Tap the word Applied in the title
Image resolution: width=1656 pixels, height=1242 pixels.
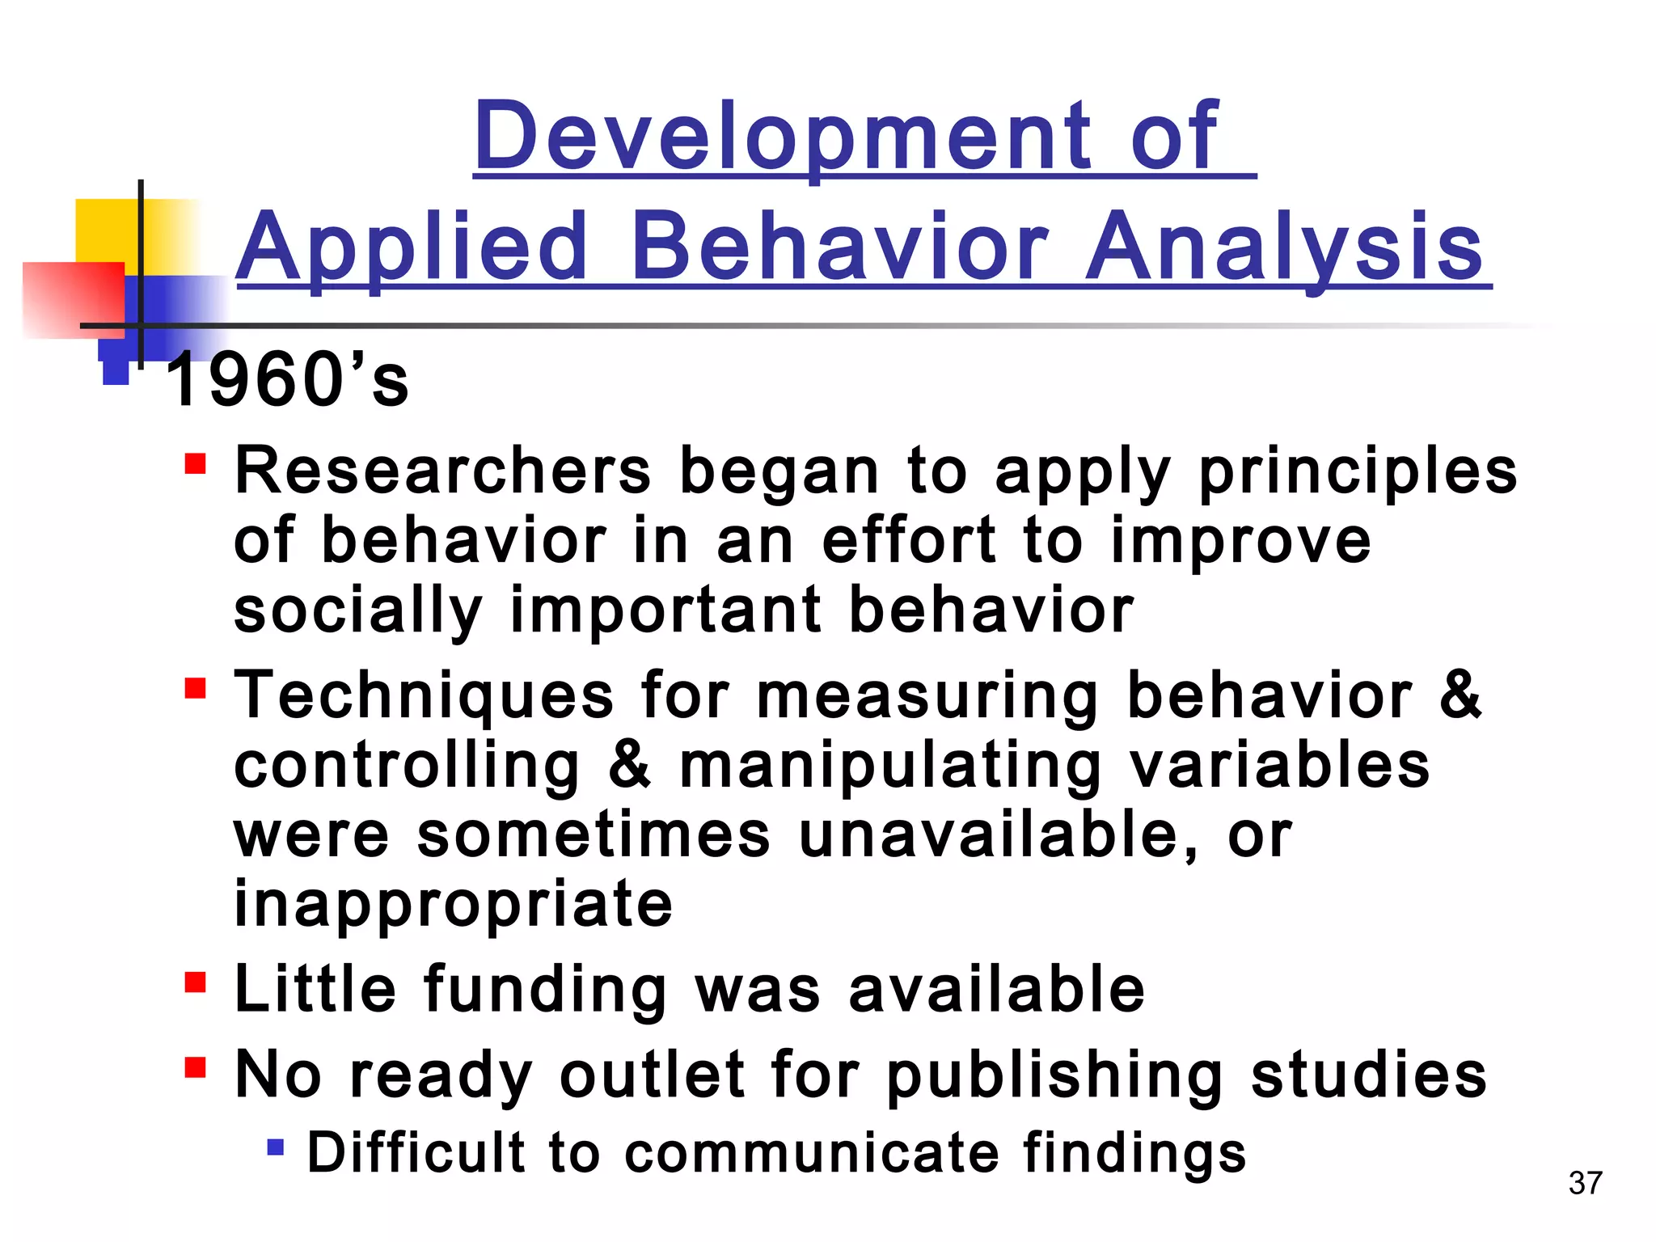pos(412,247)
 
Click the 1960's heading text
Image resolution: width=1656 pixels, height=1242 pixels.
pos(287,380)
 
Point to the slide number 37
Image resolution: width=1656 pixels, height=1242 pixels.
pos(1585,1183)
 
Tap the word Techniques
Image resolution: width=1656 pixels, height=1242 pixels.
pos(424,695)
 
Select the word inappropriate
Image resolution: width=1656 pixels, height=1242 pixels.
pos(453,904)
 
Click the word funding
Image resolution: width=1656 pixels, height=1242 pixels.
pos(545,990)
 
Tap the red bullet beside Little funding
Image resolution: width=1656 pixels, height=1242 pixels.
pos(195,982)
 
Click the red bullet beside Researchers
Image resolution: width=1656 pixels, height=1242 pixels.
pos(195,464)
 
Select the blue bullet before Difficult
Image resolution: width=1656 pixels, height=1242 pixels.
pos(276,1147)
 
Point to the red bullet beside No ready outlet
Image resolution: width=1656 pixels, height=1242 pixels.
pos(195,1067)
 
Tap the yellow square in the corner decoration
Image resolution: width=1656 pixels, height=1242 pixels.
pos(105,230)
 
